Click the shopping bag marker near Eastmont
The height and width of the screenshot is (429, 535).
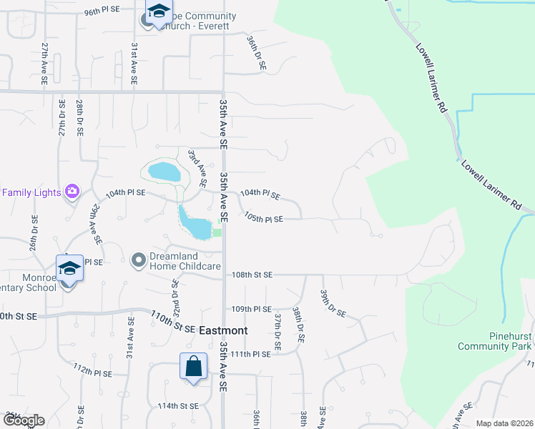tap(193, 367)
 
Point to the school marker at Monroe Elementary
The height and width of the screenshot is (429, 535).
tap(69, 270)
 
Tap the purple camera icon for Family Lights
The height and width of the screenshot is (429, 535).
tap(72, 191)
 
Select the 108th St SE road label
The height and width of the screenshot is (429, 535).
tap(252, 275)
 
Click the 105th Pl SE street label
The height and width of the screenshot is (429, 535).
tap(263, 218)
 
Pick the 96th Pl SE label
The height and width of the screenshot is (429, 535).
tap(104, 12)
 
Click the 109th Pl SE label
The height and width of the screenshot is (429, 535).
tap(252, 309)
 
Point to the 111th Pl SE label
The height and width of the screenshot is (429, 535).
tap(251, 354)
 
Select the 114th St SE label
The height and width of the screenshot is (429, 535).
tap(178, 406)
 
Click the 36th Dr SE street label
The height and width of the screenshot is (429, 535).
tap(256, 53)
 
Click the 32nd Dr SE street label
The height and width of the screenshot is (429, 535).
tap(175, 295)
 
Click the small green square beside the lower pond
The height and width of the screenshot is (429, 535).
tap(217, 232)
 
